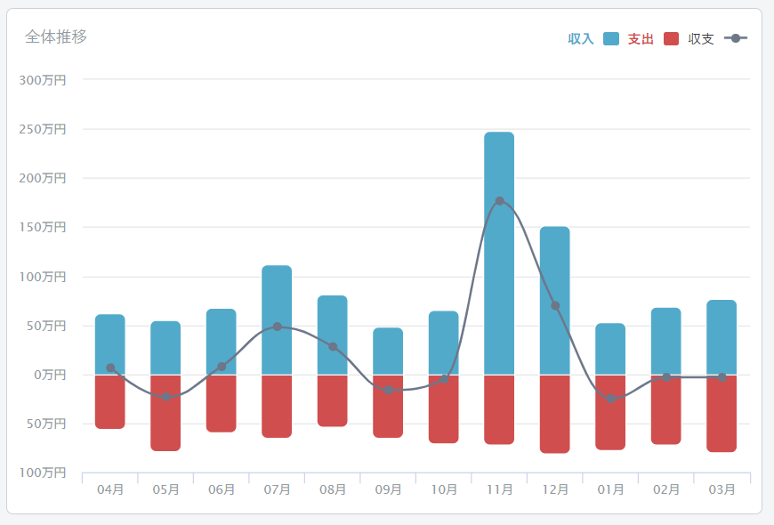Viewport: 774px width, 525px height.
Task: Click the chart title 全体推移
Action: (x=56, y=36)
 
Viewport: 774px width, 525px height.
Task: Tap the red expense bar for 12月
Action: (x=554, y=414)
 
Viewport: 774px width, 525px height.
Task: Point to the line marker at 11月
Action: (x=499, y=201)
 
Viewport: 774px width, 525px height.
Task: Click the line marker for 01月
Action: (x=610, y=399)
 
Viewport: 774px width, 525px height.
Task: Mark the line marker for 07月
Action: (x=277, y=327)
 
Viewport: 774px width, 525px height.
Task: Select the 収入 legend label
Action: (x=581, y=39)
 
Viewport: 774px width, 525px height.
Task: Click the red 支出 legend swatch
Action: (x=671, y=38)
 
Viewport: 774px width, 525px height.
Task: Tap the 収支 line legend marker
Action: (x=736, y=38)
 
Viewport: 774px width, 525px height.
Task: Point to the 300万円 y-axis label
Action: (x=43, y=80)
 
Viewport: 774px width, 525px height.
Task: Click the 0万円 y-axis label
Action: (x=48, y=375)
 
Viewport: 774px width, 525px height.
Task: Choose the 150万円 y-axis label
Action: (x=43, y=228)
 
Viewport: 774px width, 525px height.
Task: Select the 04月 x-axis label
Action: (x=110, y=489)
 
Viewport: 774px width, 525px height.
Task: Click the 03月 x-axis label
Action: (x=722, y=489)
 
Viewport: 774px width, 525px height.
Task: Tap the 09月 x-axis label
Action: (x=388, y=489)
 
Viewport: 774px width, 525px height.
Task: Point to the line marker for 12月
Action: (x=555, y=306)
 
